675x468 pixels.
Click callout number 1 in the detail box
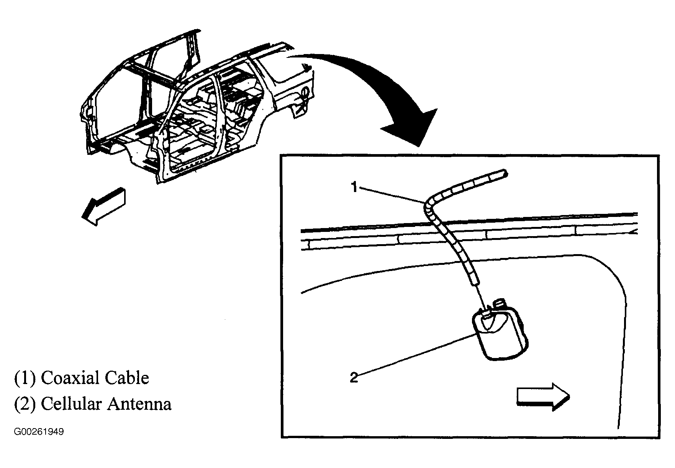click(354, 188)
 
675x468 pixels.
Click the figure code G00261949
click(39, 432)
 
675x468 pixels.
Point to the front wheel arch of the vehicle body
click(115, 148)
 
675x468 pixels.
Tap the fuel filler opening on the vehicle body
click(305, 92)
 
